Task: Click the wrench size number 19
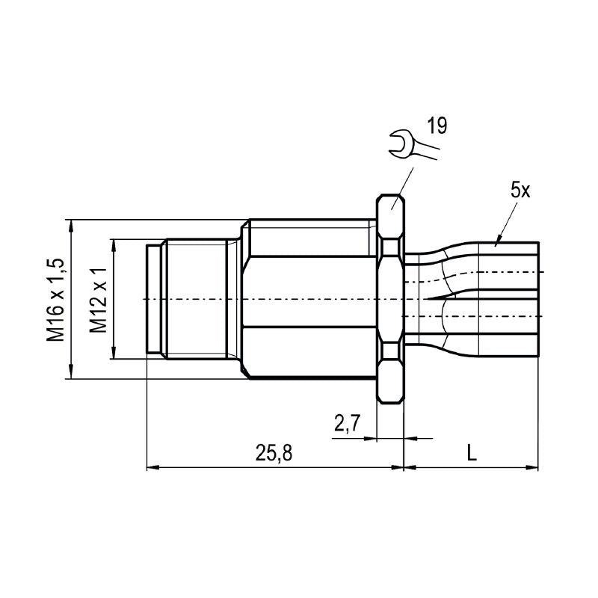pos(437,126)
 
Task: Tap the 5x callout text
pos(520,190)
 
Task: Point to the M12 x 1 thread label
pos(98,299)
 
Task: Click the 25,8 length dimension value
pos(273,452)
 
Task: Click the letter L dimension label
pos(471,452)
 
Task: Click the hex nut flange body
pos(390,299)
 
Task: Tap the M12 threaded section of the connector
pos(196,299)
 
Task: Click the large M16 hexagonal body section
pos(310,299)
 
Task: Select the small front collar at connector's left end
pos(154,299)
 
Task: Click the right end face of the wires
pos(538,299)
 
